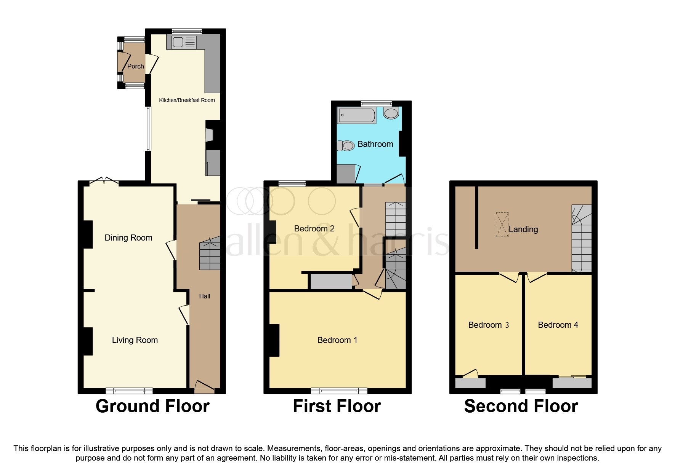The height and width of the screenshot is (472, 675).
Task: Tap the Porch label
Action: [x=135, y=66]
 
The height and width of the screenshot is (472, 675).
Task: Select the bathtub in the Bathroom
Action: [x=356, y=115]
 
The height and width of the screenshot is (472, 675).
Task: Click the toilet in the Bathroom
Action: [x=346, y=146]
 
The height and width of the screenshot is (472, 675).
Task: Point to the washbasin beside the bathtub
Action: [x=391, y=113]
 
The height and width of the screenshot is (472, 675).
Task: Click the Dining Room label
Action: [x=128, y=238]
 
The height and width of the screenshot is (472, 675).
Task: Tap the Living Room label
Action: [x=135, y=340]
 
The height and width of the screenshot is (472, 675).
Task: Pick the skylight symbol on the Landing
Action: [x=502, y=225]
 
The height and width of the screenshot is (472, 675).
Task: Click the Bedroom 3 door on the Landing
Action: [x=510, y=277]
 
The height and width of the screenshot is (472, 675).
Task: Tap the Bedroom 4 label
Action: [x=558, y=325]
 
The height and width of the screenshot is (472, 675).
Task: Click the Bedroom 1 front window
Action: [x=339, y=391]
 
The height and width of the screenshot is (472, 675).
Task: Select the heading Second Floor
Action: [x=521, y=407]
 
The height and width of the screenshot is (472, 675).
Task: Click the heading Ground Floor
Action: [x=152, y=407]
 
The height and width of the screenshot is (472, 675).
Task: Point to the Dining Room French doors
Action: [x=104, y=182]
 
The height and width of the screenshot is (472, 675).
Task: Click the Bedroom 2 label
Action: [x=314, y=229]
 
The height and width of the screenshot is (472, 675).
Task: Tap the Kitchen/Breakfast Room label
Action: [x=187, y=100]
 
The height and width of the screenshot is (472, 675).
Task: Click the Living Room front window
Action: [x=129, y=391]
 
